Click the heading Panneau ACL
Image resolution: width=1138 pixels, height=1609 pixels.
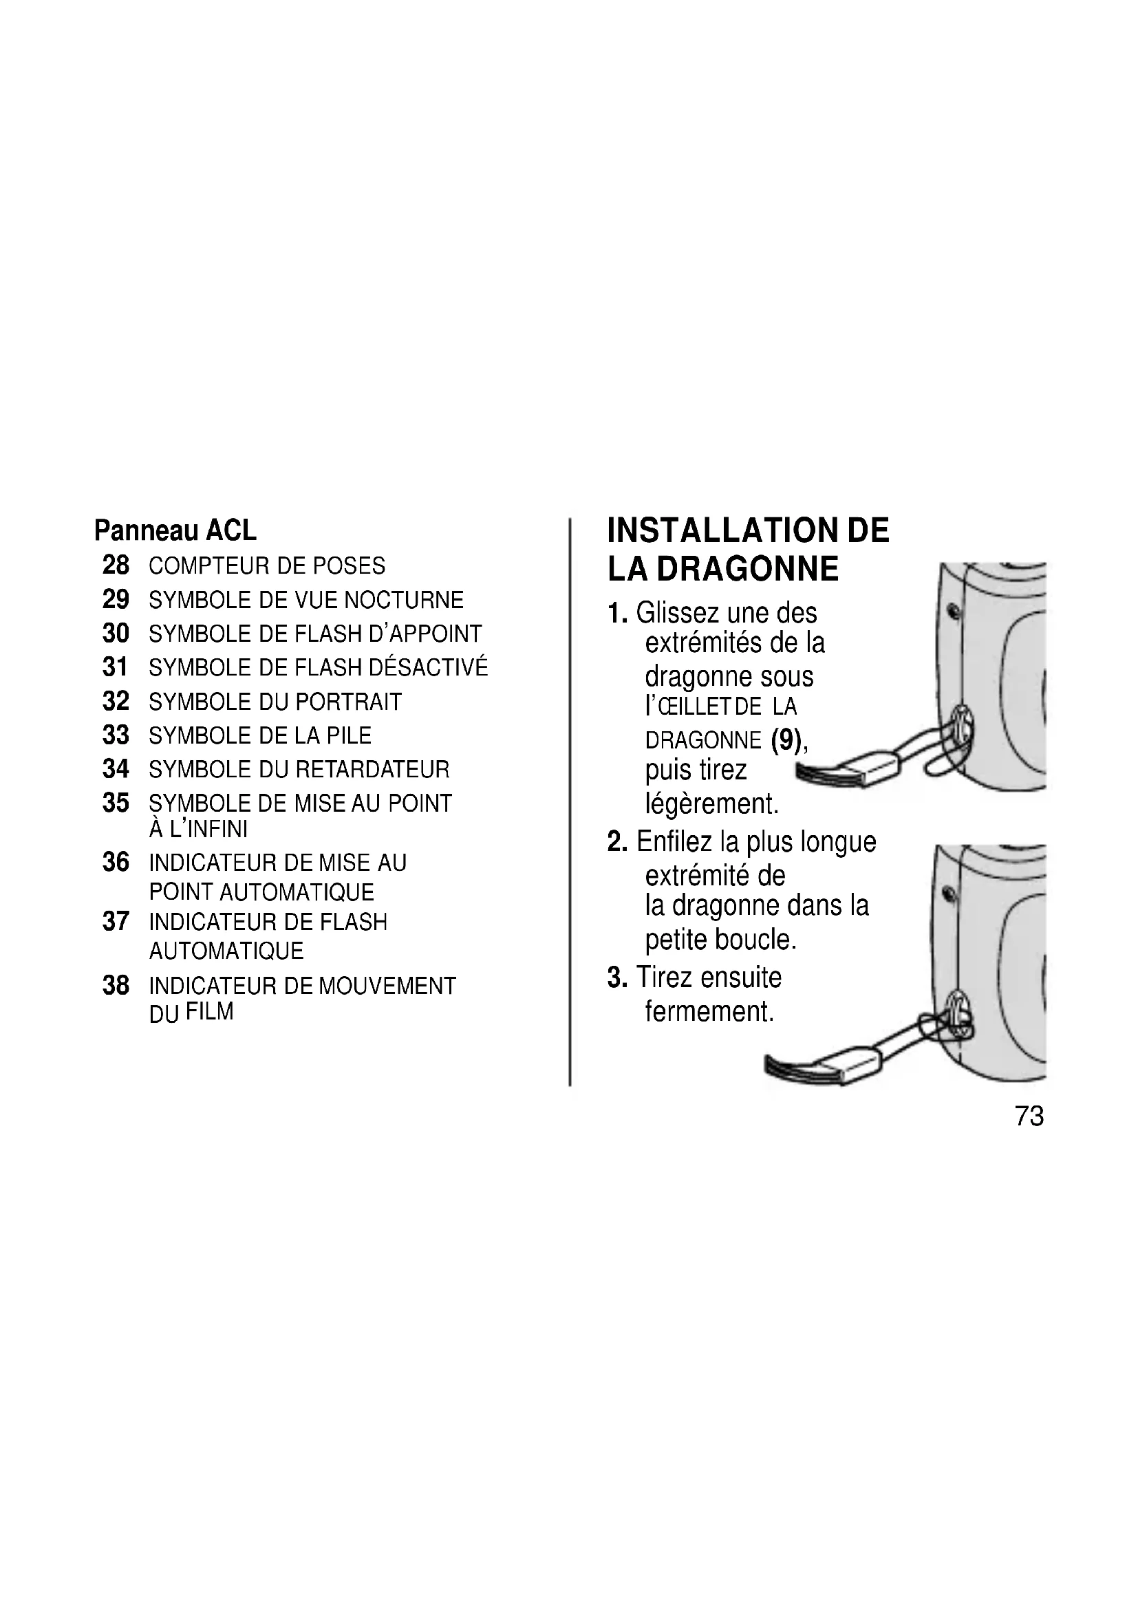pyautogui.click(x=175, y=530)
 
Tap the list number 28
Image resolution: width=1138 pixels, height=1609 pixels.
pyautogui.click(x=116, y=565)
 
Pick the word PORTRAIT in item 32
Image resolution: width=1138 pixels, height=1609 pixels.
pyautogui.click(x=349, y=702)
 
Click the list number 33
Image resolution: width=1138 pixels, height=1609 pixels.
pyautogui.click(x=116, y=735)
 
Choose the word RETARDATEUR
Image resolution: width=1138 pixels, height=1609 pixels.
pyautogui.click(x=372, y=770)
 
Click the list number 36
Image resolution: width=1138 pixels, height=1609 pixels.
pyautogui.click(x=116, y=863)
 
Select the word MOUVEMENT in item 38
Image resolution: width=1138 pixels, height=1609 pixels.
pyautogui.click(x=387, y=986)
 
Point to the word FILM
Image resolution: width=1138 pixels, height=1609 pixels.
pyautogui.click(x=210, y=1012)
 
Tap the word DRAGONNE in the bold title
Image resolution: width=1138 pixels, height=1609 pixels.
pyautogui.click(x=748, y=568)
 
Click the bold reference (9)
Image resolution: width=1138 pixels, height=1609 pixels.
pyautogui.click(x=786, y=740)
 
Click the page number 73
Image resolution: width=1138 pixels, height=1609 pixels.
pyautogui.click(x=1029, y=1116)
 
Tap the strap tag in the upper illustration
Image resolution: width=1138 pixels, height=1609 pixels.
pyautogui.click(x=876, y=769)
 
